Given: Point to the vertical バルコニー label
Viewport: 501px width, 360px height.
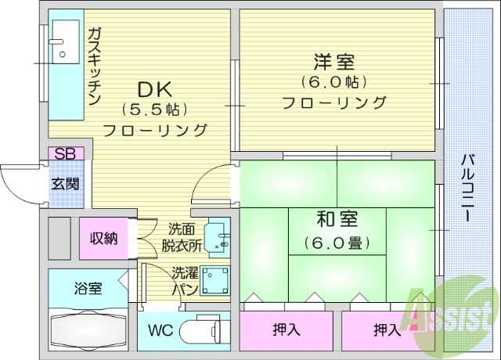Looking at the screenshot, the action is [467, 189].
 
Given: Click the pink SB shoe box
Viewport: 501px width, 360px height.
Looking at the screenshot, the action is [65, 153].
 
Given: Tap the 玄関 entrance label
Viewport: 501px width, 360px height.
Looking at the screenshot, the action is [65, 185].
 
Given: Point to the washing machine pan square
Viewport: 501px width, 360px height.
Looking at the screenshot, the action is [214, 280].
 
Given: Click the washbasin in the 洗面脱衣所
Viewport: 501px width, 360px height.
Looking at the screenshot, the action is [217, 238].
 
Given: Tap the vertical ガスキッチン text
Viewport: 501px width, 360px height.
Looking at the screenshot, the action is [94, 67].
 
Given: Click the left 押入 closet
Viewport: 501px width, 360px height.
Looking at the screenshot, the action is [287, 329].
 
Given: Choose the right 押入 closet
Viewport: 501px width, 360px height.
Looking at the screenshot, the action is [387, 329].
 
